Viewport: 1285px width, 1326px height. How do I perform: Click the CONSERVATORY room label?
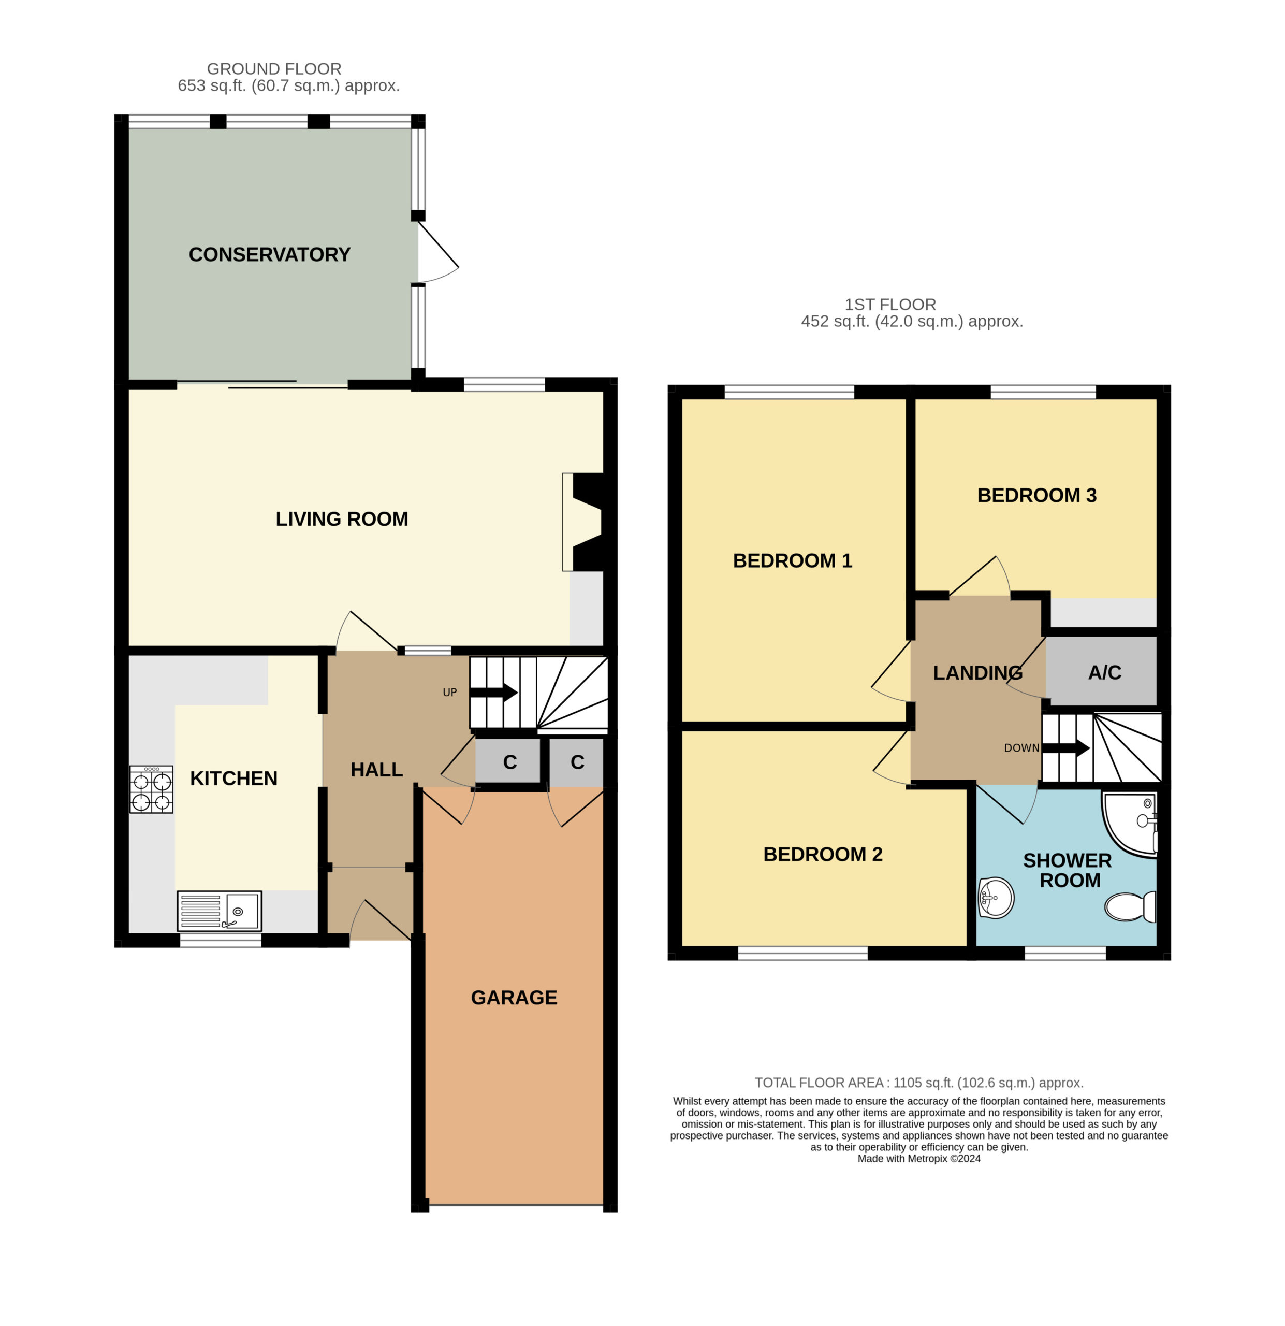point(269,254)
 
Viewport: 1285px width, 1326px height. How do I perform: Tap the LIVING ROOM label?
point(342,519)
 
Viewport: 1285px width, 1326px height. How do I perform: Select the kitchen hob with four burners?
point(152,789)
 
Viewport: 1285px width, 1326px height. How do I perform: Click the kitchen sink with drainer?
point(219,911)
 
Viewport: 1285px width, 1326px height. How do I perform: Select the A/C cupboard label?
point(1104,672)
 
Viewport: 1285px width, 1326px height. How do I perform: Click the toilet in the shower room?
point(1130,906)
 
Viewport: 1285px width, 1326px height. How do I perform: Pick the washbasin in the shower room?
point(996,898)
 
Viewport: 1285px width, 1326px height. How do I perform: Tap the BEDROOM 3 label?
point(1037,495)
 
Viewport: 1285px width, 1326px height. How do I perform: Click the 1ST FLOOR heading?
point(890,305)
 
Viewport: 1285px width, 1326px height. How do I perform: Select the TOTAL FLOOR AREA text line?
point(919,1083)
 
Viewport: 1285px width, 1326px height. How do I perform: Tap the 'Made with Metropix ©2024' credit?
point(919,1158)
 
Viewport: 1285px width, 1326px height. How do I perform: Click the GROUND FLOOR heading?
point(274,69)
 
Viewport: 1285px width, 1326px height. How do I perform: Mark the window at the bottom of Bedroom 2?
point(802,953)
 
